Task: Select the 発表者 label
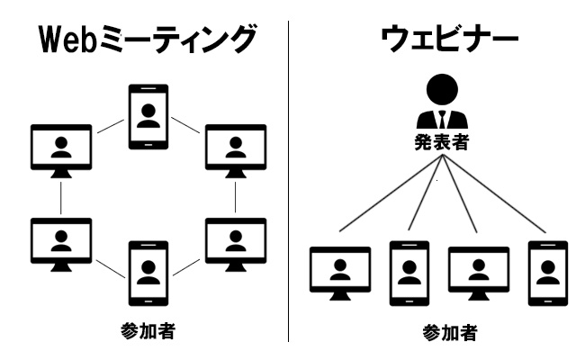click(441, 141)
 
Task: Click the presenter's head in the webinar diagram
click(441, 90)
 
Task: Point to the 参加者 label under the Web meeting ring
click(147, 330)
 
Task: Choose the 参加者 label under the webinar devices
click(450, 333)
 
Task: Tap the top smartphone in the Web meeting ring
click(148, 114)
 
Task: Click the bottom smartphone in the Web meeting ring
click(148, 272)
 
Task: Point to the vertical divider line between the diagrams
click(289, 180)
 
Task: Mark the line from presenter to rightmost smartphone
click(495, 198)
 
